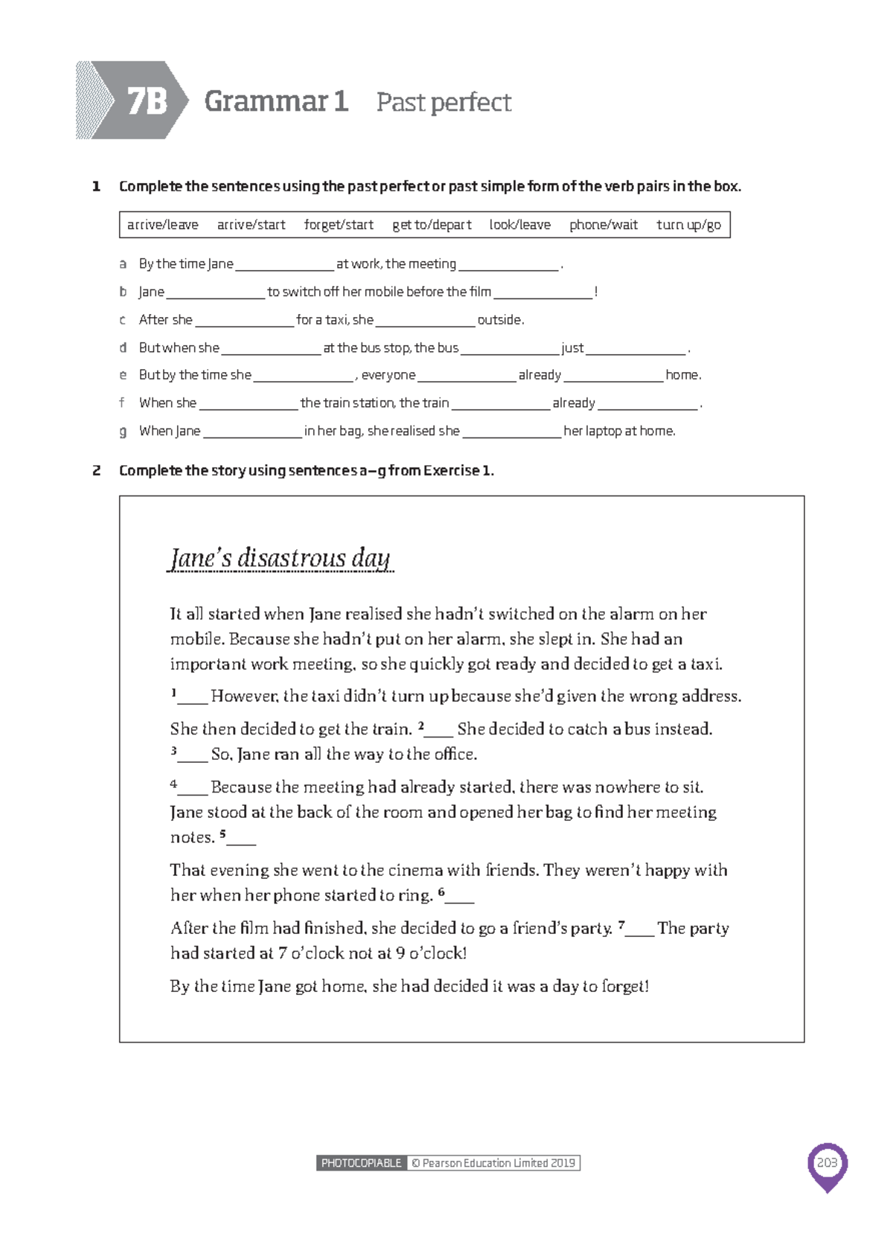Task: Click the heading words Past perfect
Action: pos(444,102)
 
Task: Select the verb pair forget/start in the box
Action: pos(339,225)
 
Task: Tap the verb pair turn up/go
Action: pos(688,225)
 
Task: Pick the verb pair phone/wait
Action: pos(603,225)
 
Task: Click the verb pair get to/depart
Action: pos(432,225)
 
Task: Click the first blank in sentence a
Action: pos(284,266)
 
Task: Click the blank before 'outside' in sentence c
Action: pos(425,321)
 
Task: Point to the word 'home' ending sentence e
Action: pos(682,375)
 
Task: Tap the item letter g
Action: pos(123,432)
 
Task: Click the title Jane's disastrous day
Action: pos(280,558)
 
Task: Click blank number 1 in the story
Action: pos(191,698)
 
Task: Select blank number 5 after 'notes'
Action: pos(240,839)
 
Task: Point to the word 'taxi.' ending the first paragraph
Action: pos(705,664)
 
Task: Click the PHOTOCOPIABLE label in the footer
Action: pos(361,1163)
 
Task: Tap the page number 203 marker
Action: pos(827,1163)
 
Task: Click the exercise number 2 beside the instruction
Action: pos(97,470)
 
